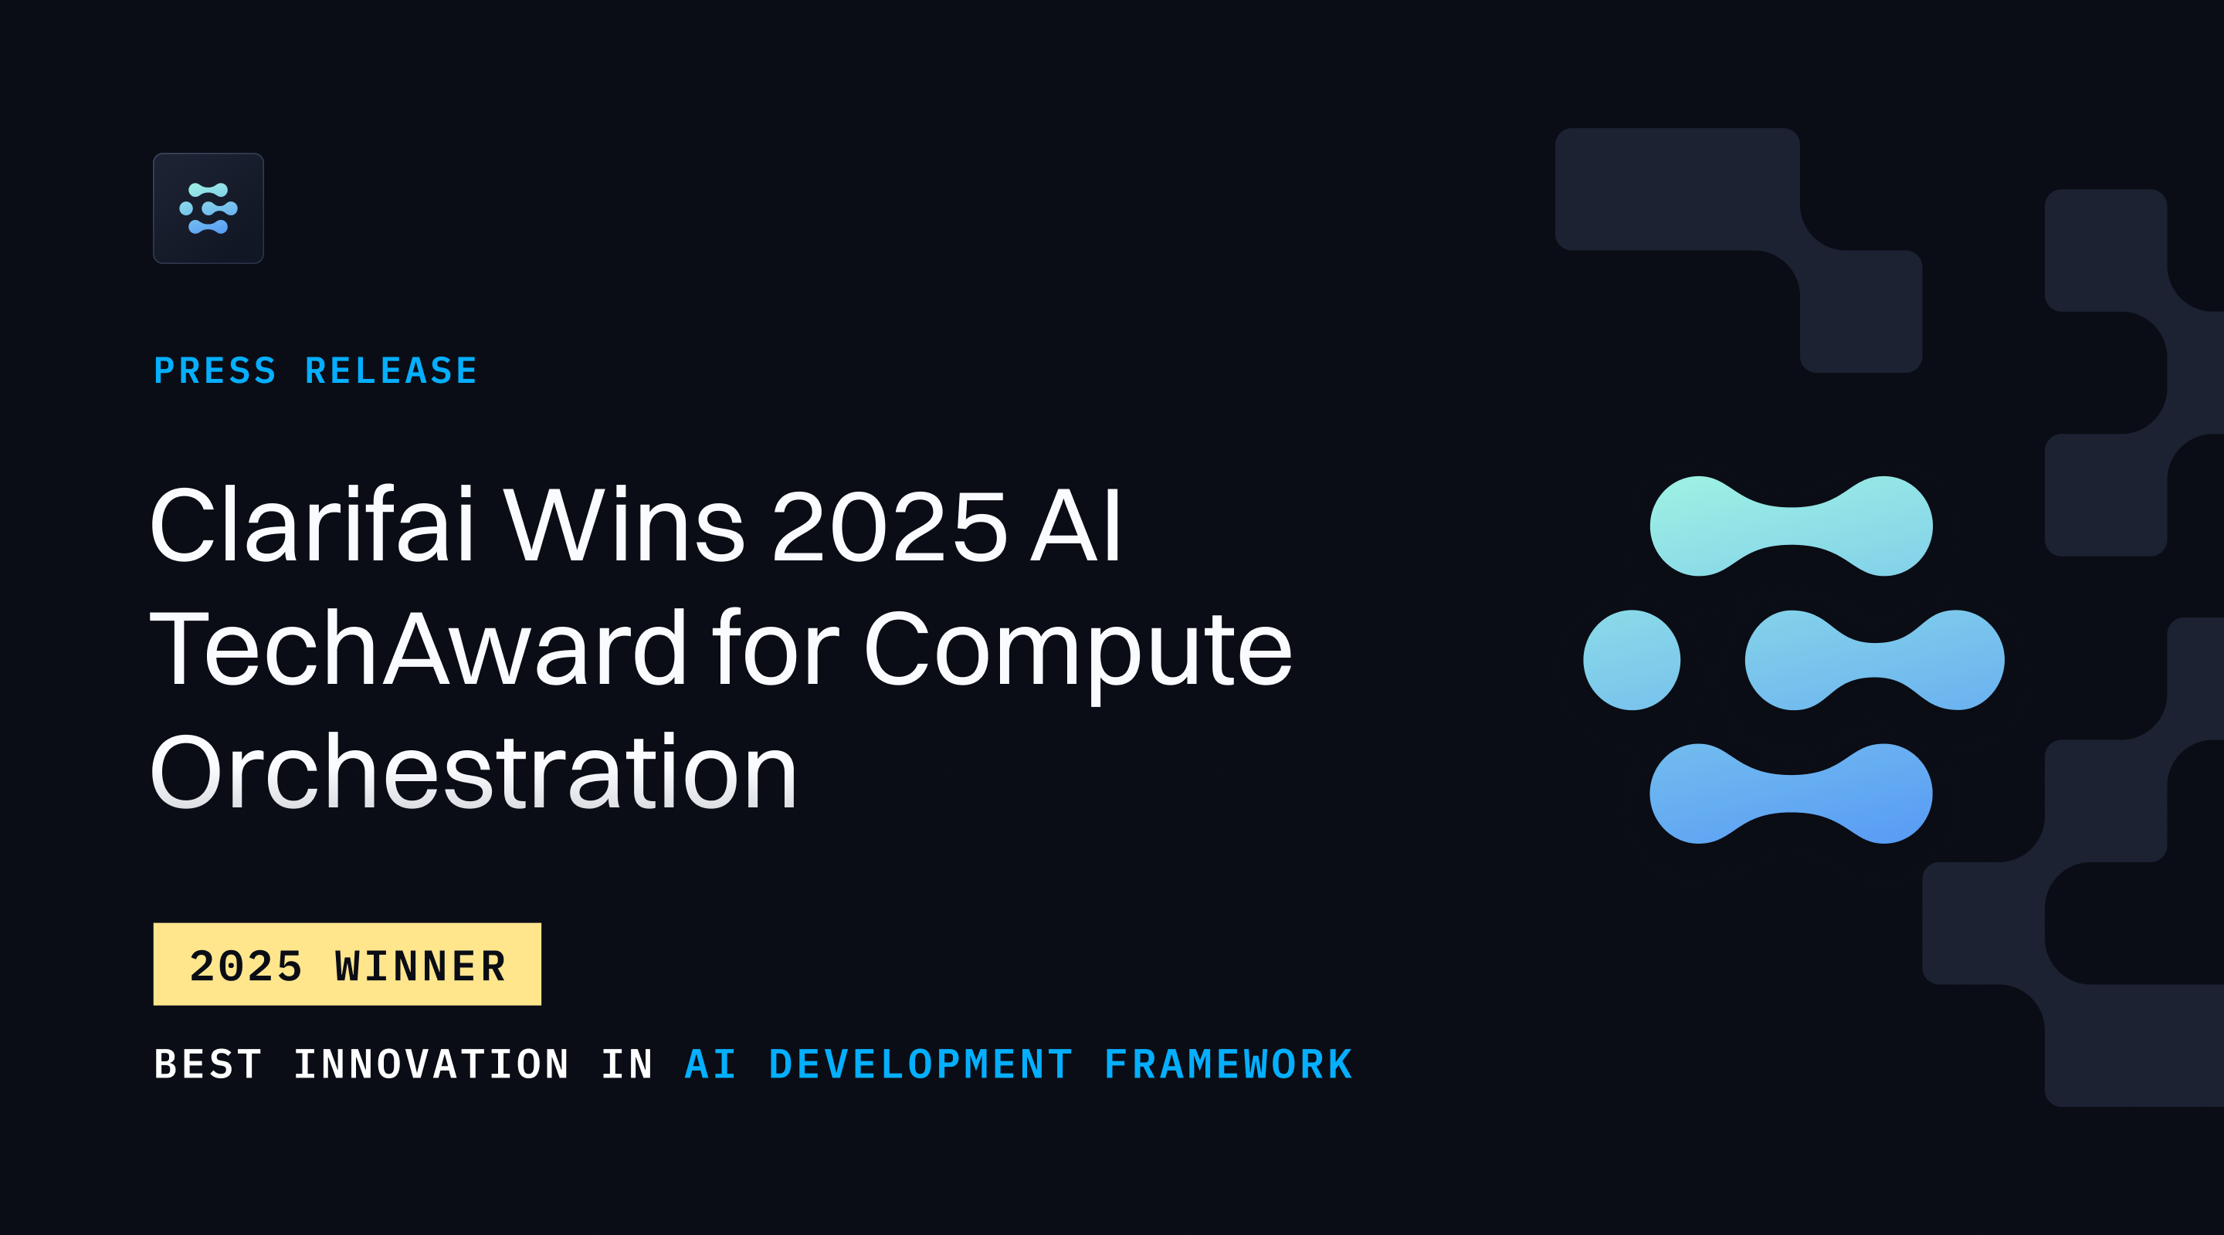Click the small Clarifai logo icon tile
tap(208, 208)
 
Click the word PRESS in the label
tap(215, 371)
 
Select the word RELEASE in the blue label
tap(391, 371)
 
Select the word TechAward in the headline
tap(419, 649)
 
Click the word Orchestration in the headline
tap(473, 773)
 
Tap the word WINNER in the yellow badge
tap(420, 966)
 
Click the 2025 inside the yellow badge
tap(246, 966)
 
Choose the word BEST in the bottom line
tap(208, 1064)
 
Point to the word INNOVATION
tap(432, 1064)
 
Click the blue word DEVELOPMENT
tap(920, 1064)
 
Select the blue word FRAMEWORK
tap(1229, 1064)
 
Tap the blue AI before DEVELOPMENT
tap(710, 1064)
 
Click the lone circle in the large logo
tap(1632, 660)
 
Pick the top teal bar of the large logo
tap(1791, 526)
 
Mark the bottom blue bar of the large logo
tap(1791, 793)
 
